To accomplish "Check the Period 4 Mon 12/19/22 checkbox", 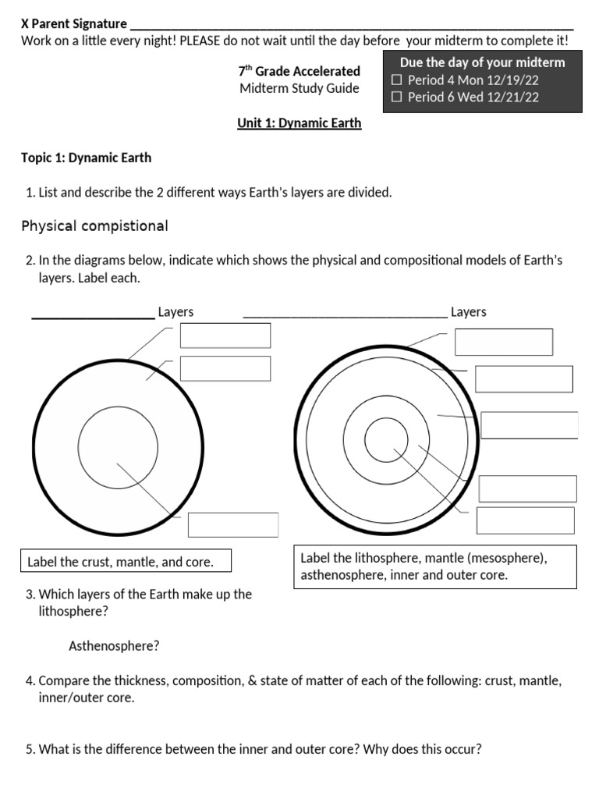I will coord(397,80).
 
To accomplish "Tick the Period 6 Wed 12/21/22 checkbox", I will coord(397,97).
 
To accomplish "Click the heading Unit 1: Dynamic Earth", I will coord(299,123).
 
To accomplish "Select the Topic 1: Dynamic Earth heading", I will coord(87,158).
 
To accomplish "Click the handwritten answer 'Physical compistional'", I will coord(94,226).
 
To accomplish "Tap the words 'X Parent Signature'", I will coord(74,23).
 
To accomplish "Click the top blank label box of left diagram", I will coord(225,336).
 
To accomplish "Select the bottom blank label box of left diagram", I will coord(233,524).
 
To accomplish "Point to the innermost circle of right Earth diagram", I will coord(381,439).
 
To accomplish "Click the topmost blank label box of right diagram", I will coord(504,342).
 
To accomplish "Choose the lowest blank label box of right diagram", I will coord(525,520).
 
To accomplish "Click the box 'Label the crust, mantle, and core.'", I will coord(119,561).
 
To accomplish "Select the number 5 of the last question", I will coord(30,750).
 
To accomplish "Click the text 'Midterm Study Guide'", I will coord(299,88).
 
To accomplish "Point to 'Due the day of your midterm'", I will coord(482,62).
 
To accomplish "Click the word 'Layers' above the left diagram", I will coord(175,312).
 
